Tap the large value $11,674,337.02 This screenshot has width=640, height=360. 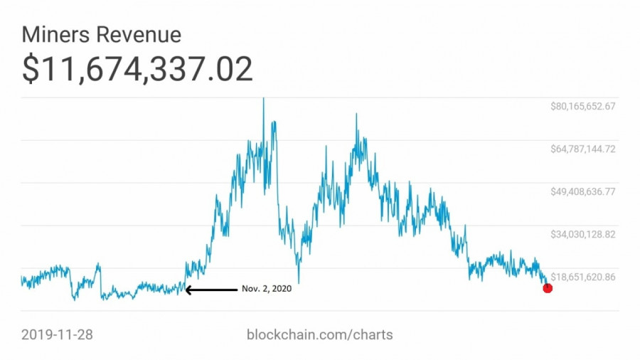(137, 69)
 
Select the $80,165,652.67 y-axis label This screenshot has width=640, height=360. (582, 106)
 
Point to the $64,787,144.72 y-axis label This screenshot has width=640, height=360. (582, 149)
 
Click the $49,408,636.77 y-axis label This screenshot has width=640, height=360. (582, 191)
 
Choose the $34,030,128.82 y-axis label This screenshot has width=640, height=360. (582, 234)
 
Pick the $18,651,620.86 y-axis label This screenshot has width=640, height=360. (582, 277)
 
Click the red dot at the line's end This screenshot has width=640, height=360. (548, 287)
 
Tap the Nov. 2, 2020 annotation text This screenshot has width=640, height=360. (267, 289)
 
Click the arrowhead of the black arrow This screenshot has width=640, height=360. (188, 290)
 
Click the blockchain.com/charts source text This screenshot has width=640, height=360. (319, 334)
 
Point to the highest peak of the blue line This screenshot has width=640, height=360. (264, 100)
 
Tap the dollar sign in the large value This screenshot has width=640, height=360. (31, 70)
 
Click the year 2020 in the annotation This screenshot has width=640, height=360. (281, 289)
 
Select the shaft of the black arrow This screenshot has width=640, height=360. (213, 290)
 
